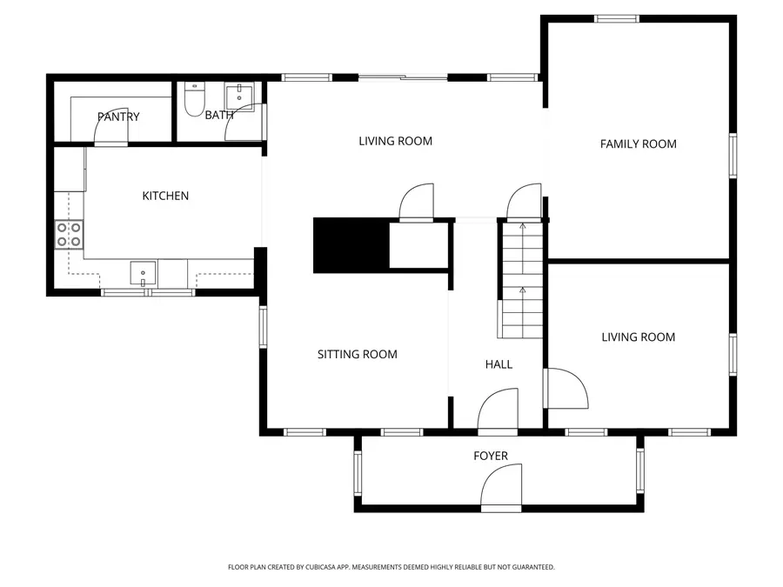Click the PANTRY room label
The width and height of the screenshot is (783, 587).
[x=118, y=117]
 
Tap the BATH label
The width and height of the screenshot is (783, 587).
[x=218, y=115]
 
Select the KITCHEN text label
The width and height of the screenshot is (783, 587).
[x=165, y=196]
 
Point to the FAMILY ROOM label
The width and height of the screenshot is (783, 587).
[x=638, y=143]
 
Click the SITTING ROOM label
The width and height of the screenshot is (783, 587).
[x=357, y=354]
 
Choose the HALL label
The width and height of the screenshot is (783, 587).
[x=499, y=364]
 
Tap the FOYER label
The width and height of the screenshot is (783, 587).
[x=490, y=456]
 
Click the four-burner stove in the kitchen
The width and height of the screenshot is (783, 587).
[x=70, y=234]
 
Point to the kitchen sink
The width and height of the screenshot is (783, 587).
[x=144, y=273]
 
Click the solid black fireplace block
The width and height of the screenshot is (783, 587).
[x=350, y=245]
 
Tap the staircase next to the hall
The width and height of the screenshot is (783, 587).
[x=521, y=280]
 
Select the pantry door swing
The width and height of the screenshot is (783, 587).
[x=110, y=129]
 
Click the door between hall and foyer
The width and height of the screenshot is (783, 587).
[x=499, y=410]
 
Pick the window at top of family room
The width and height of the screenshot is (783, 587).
[x=617, y=18]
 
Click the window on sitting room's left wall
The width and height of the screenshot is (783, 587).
[x=262, y=327]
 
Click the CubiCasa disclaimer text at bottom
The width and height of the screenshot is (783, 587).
[x=391, y=567]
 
